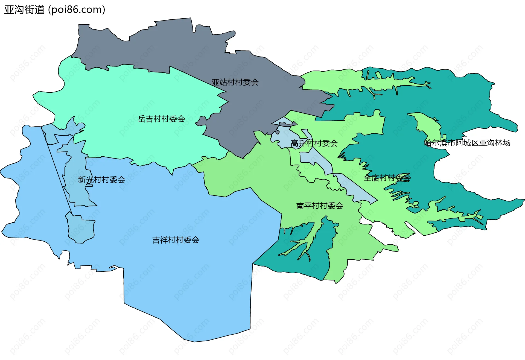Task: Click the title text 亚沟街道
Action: (x=24, y=10)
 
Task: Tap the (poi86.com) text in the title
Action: (x=77, y=10)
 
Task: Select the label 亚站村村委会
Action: (x=235, y=82)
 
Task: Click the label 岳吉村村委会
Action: (x=161, y=119)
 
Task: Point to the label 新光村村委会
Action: (x=101, y=180)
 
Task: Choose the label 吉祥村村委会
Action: (x=176, y=240)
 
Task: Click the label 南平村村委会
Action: (x=320, y=206)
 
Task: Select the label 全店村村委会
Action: (x=387, y=178)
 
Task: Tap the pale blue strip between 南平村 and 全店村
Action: (x=355, y=189)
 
